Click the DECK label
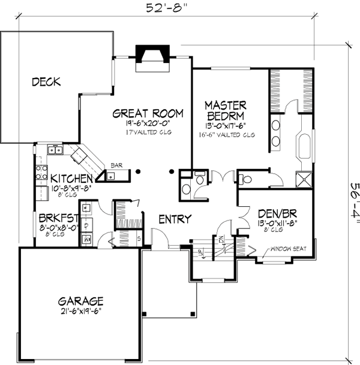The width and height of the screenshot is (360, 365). click(x=46, y=82)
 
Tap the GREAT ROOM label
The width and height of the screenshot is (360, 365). click(x=148, y=113)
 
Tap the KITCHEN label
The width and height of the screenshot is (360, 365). click(x=71, y=179)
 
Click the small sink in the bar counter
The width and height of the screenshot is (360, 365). click(x=111, y=176)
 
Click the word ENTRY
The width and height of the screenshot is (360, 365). click(x=175, y=219)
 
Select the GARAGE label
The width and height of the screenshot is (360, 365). click(x=80, y=301)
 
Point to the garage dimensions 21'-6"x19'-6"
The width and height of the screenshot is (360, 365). click(x=80, y=312)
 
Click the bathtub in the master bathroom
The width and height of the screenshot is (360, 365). click(x=302, y=147)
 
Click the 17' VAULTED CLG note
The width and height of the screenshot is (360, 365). click(x=148, y=131)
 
